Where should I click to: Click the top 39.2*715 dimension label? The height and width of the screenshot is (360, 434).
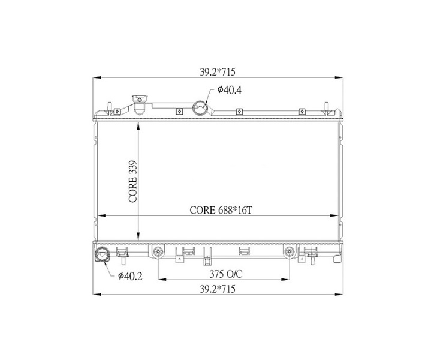coord(218,72)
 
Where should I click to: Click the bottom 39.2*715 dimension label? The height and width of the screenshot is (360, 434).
coord(218,289)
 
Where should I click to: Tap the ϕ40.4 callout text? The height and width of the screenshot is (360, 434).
coord(229,90)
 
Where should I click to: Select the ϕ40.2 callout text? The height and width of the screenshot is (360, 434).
coord(130,276)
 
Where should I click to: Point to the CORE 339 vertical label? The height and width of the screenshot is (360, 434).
coord(133,181)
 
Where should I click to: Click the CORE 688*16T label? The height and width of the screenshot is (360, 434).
coord(221,211)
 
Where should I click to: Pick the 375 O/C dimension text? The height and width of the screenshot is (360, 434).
coord(226,274)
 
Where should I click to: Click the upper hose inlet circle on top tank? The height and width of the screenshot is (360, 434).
coord(200,108)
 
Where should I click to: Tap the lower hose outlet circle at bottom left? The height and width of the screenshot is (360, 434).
coord(102,254)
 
